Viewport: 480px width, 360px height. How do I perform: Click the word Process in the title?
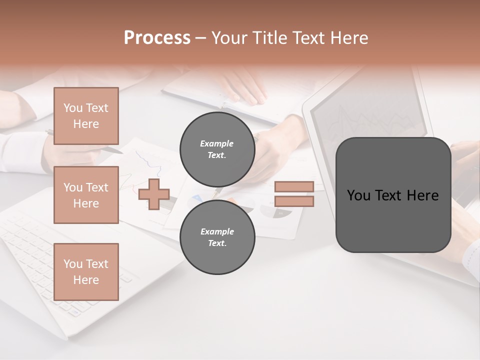click(157, 38)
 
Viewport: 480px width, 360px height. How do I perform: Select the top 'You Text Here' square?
click(86, 116)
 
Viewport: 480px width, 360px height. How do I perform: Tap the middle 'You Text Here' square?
click(86, 195)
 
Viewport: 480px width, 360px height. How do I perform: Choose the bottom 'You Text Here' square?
click(86, 272)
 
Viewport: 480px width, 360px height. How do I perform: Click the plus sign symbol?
click(154, 194)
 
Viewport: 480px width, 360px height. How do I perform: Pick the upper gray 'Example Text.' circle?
click(217, 149)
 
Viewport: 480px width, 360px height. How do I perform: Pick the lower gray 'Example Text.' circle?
click(217, 237)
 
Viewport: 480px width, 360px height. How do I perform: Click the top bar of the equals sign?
click(294, 187)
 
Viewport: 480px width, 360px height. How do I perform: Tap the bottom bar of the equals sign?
click(294, 201)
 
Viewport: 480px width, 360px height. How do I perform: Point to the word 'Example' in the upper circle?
click(217, 143)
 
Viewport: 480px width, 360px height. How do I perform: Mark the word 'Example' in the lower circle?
click(217, 231)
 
